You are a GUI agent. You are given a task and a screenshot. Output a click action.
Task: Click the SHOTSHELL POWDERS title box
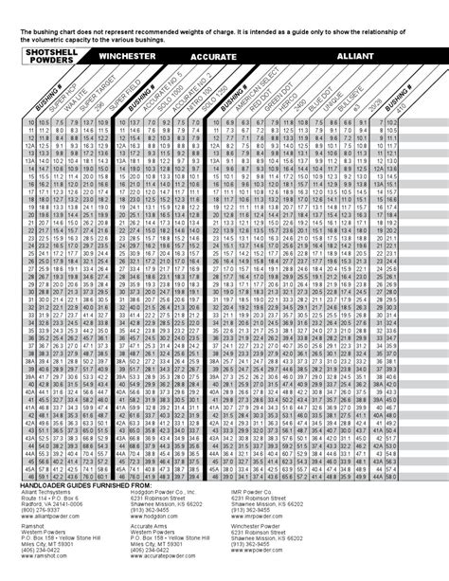pyautogui.click(x=47, y=56)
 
